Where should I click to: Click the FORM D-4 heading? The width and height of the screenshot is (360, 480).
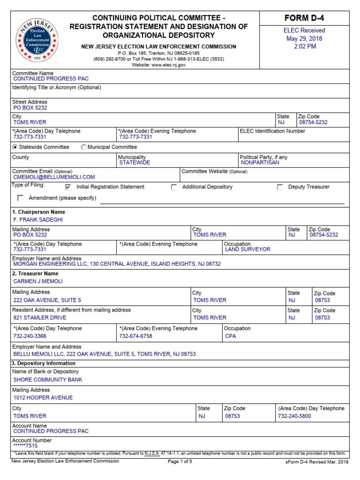tap(305, 18)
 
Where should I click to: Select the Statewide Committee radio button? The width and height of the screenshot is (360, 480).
tap(15, 147)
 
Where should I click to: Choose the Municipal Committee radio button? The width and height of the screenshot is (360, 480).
tap(84, 147)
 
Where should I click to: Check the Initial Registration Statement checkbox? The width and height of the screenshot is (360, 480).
tap(68, 187)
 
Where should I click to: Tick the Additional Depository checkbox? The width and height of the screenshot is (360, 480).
tap(174, 187)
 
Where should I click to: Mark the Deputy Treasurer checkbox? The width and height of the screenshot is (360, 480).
tap(280, 187)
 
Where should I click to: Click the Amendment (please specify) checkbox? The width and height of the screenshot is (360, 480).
tap(20, 198)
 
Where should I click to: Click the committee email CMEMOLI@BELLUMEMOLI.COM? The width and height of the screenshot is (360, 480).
tap(54, 177)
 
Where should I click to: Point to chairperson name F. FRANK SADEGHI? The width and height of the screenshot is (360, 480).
tap(38, 219)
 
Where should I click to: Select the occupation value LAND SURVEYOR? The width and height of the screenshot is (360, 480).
tap(247, 250)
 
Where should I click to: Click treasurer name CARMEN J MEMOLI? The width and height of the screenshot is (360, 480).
tap(38, 281)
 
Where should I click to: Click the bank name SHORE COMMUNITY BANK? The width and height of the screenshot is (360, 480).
tap(48, 380)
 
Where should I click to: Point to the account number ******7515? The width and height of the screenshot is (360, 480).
tap(25, 446)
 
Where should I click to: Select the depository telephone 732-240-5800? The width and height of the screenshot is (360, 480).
tap(294, 416)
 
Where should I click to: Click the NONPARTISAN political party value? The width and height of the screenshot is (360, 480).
tap(260, 163)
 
